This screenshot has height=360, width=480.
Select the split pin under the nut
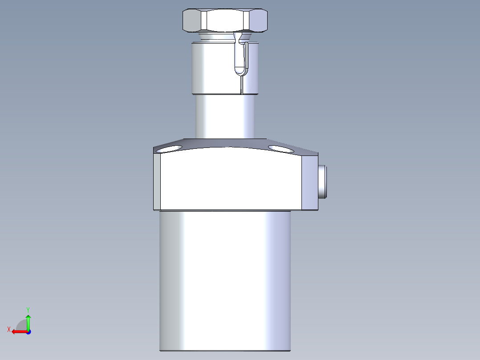(x=240, y=58)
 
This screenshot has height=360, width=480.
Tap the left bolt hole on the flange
(x=171, y=148)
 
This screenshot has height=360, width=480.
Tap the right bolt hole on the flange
(x=281, y=148)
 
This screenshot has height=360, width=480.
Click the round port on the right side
(x=322, y=181)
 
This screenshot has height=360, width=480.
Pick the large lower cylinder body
(x=225, y=281)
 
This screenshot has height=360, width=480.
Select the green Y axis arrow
(x=28, y=322)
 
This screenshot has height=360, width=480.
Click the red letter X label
(x=9, y=329)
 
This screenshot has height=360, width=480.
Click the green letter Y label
(x=28, y=309)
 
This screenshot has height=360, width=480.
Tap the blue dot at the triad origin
(x=28, y=331)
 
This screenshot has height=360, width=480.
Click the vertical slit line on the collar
(x=241, y=85)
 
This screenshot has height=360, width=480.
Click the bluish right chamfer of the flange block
(x=310, y=183)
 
